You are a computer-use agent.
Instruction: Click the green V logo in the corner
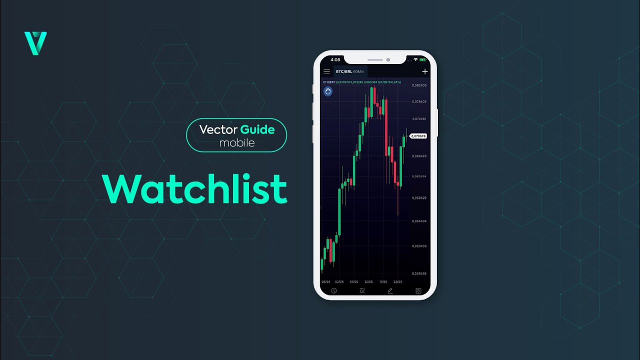(35, 43)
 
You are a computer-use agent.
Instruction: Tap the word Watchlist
(195, 189)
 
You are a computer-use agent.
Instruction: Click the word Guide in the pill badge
(257, 130)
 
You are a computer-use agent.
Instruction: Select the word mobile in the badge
(237, 143)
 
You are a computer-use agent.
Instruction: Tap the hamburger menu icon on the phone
(327, 71)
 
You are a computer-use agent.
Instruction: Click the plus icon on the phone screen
(425, 71)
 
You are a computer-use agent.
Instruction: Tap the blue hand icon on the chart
(328, 91)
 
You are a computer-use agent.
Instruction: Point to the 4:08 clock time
(335, 60)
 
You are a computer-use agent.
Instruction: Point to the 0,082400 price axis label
(419, 85)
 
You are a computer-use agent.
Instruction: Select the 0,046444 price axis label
(419, 273)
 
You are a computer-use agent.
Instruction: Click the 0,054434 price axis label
(419, 221)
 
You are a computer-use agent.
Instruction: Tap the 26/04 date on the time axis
(326, 281)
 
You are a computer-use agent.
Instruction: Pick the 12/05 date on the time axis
(369, 281)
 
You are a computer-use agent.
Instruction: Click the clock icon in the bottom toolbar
(334, 290)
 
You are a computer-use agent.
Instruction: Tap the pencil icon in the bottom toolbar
(390, 290)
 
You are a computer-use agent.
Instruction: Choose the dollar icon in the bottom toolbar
(418, 290)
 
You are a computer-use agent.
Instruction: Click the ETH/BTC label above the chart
(329, 81)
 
